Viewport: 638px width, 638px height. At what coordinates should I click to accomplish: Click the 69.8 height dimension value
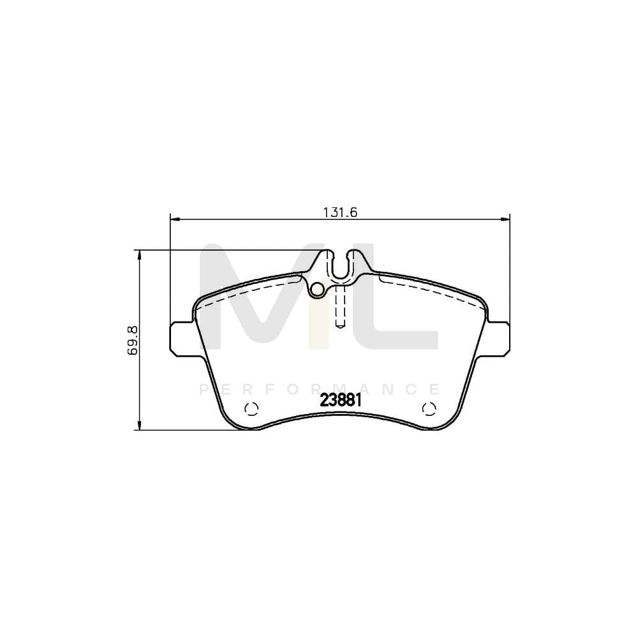point(132,340)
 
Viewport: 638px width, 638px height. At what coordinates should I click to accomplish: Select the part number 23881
point(341,401)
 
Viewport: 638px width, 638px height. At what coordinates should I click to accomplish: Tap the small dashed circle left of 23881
point(251,410)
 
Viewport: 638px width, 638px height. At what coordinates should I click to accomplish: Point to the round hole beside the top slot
point(316,289)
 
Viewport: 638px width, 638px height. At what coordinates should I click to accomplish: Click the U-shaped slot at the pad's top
point(341,267)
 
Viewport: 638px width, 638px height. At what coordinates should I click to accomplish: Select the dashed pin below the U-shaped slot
point(340,306)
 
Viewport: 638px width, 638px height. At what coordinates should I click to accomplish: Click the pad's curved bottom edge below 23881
point(341,417)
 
